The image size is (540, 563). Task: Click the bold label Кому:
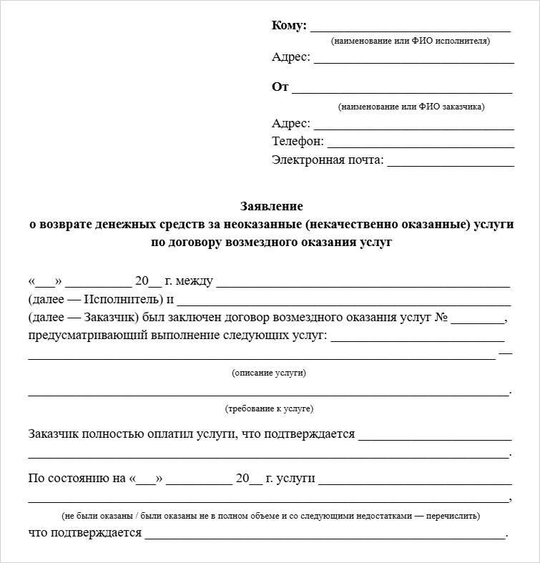289,26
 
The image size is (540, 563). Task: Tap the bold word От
280,87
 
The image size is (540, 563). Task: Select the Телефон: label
298,142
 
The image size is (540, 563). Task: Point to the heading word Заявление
271,206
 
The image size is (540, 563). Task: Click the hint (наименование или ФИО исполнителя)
410,41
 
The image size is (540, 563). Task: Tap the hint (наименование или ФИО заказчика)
411,107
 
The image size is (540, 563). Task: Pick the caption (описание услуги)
269,373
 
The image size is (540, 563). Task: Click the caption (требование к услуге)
269,408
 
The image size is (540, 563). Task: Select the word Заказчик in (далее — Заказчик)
111,317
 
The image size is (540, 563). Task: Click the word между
194,280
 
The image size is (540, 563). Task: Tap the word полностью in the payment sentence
114,434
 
